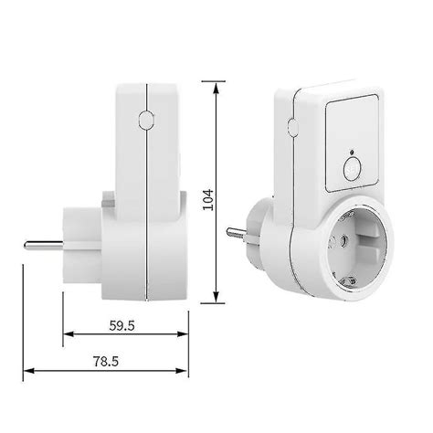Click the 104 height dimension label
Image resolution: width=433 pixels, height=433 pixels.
pyautogui.click(x=208, y=200)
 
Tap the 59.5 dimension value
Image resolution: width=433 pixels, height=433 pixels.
pyautogui.click(x=121, y=326)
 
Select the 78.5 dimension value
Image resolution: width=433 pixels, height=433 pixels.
pyautogui.click(x=106, y=362)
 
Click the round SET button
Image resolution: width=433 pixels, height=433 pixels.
pyautogui.click(x=353, y=168)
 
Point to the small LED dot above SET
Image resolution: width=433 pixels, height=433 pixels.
pyautogui.click(x=352, y=152)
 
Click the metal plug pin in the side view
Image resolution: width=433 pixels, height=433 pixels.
pyautogui.click(x=44, y=245)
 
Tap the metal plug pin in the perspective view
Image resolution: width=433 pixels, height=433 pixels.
pyautogui.click(x=236, y=233)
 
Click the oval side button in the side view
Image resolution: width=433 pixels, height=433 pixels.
pyautogui.click(x=146, y=120)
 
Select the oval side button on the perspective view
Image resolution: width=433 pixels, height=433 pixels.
pyautogui.click(x=293, y=128)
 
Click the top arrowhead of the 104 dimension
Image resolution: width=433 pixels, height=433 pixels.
pyautogui.click(x=216, y=89)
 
